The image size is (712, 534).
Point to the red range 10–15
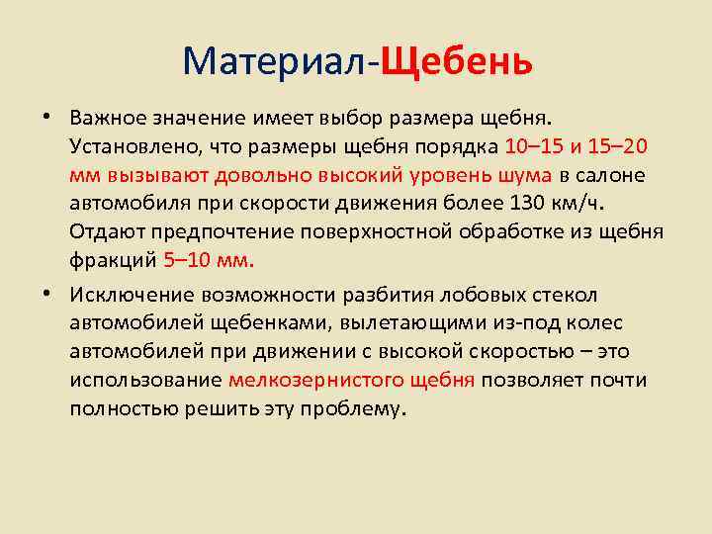coord(534,147)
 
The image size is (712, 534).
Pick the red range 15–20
coord(617,147)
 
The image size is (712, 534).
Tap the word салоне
coord(609,176)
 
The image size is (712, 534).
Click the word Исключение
coord(132,295)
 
